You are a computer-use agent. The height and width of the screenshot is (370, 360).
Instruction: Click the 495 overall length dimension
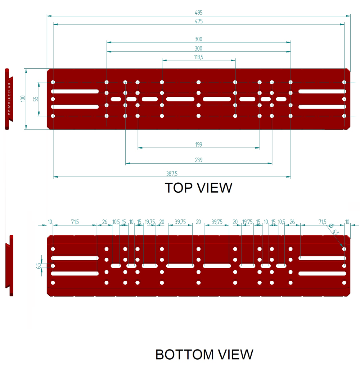coord(198,13)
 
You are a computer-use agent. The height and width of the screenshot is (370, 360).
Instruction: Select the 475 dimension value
coord(198,21)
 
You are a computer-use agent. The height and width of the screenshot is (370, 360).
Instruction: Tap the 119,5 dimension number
coord(198,57)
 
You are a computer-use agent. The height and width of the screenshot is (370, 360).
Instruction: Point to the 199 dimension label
coord(198,145)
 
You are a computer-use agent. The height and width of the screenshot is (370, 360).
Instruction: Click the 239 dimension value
coord(198,160)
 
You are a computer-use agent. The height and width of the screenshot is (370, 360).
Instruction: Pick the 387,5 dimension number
coord(172,174)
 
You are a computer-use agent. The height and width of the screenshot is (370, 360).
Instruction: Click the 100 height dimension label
coord(22,99)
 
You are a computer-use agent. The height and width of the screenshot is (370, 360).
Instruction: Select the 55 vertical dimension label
coord(36,99)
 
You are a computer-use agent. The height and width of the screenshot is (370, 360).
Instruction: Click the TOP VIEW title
coord(198,188)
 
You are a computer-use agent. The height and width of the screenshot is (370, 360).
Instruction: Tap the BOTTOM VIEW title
coord(204,355)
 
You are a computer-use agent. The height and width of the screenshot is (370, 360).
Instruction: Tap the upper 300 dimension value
coord(198,39)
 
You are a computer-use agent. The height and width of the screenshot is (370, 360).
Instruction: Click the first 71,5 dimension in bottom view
coord(75,222)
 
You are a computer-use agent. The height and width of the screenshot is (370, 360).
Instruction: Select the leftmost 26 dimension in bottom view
coord(104,222)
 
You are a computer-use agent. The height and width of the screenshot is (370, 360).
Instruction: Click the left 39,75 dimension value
coord(180,222)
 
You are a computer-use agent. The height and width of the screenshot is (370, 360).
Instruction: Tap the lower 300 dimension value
coord(198,48)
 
